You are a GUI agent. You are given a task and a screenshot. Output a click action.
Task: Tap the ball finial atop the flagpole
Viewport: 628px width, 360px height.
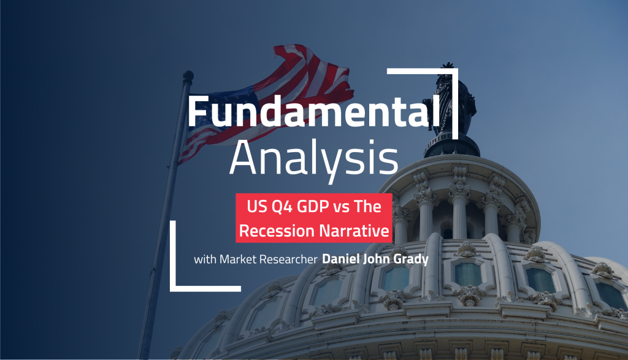coord(188,76)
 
